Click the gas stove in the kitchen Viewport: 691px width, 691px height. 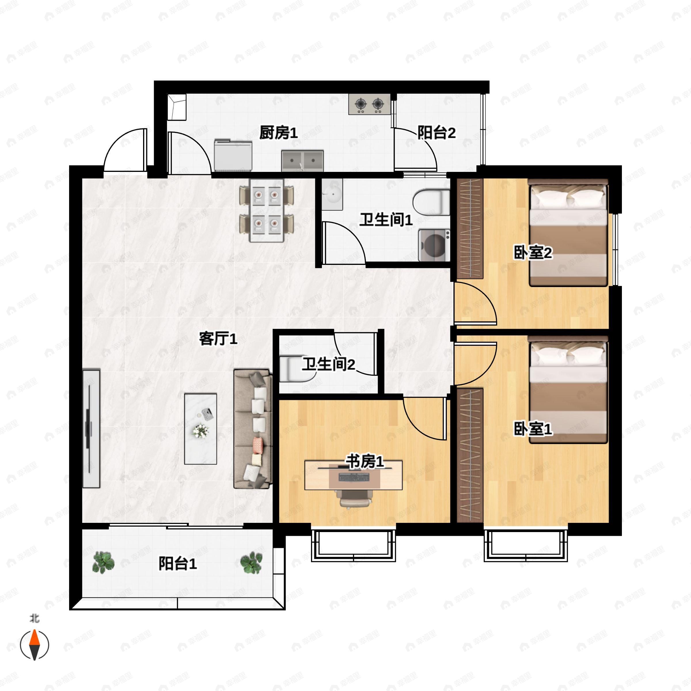[369, 104]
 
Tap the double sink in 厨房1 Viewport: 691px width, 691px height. [302, 161]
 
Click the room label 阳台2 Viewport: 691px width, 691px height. [436, 133]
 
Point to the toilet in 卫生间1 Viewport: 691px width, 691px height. [431, 202]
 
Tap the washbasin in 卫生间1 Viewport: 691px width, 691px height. [332, 195]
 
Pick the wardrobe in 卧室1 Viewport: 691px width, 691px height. [470, 456]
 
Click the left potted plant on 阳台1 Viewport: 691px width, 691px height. [103, 562]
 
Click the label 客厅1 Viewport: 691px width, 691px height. [218, 338]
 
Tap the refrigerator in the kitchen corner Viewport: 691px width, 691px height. [177, 107]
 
